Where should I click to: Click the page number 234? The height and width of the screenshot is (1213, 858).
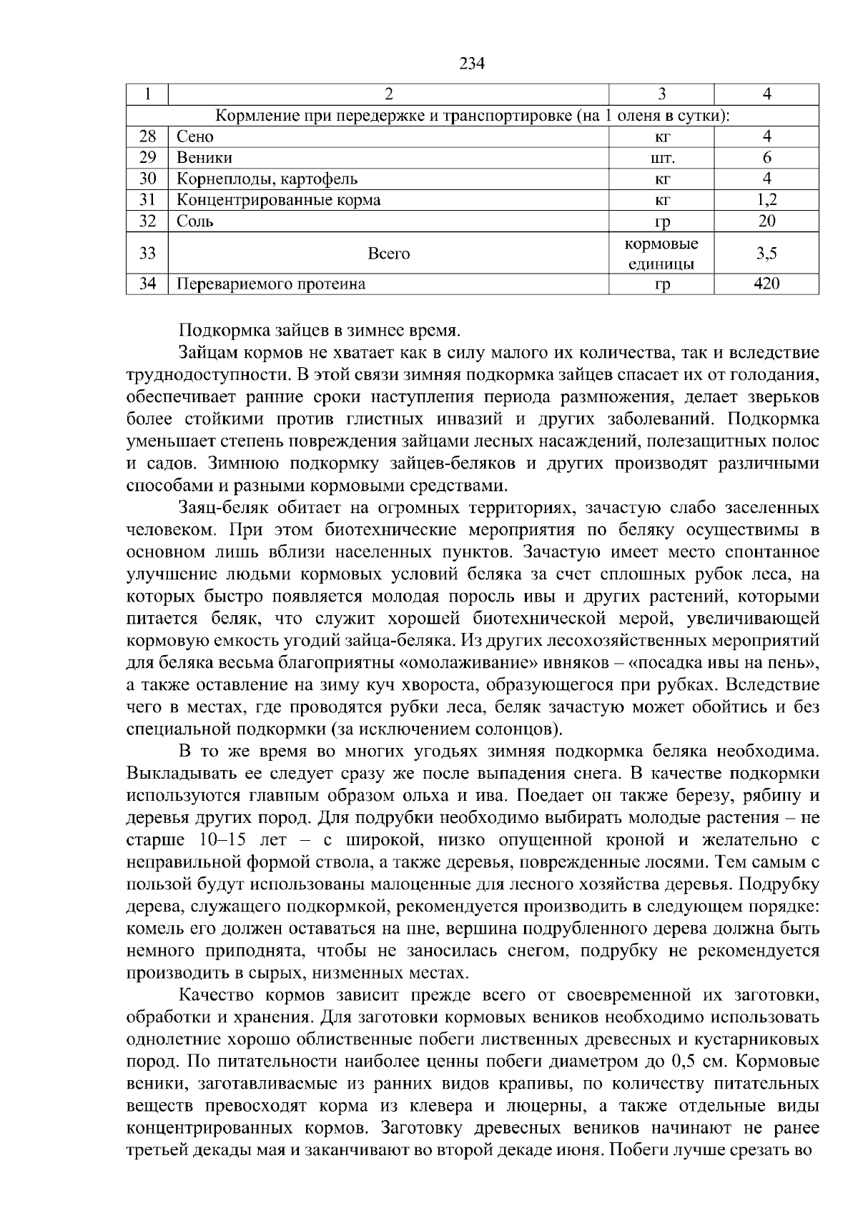[472, 64]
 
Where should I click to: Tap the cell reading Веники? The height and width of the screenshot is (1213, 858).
[204, 158]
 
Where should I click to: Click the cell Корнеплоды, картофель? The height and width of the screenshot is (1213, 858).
[267, 179]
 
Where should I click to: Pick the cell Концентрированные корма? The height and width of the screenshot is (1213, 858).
[279, 200]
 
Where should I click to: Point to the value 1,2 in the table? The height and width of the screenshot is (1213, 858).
[766, 200]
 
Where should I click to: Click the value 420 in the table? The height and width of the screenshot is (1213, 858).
[766, 284]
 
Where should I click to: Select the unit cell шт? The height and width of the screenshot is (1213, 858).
[662, 158]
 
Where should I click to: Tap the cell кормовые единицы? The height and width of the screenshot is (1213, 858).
[662, 253]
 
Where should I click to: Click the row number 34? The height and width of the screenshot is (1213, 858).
[147, 284]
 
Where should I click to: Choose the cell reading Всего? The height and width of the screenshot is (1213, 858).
[388, 253]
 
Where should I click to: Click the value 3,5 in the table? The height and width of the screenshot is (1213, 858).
[766, 253]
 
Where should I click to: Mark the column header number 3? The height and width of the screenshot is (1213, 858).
[662, 94]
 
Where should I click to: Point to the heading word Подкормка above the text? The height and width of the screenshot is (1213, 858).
[215, 331]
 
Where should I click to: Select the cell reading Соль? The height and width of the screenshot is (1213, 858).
[195, 221]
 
